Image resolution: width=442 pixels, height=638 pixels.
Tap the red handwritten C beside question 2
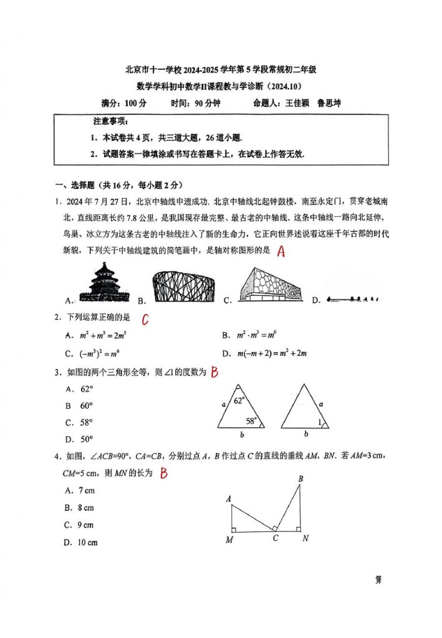coord(145,319)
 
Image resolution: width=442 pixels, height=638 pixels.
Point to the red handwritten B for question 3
coord(214,373)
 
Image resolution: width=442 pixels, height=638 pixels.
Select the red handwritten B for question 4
coord(164,474)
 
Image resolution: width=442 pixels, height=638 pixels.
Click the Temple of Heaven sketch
coord(103,283)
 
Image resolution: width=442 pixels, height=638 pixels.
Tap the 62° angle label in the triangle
coord(240,401)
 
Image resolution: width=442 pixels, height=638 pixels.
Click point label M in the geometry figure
coord(229,540)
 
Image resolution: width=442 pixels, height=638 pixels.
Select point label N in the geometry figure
coord(305,538)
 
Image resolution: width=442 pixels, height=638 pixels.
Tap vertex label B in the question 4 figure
coord(300,478)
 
